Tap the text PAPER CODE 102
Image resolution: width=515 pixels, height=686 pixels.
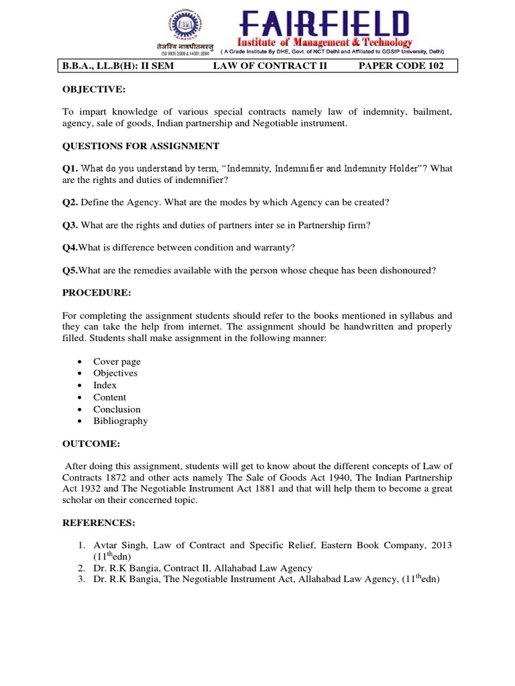(401, 66)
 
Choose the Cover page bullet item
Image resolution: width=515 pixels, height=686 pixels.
(117, 361)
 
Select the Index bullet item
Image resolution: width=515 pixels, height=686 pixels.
(105, 385)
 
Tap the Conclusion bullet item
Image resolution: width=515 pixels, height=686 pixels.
(117, 409)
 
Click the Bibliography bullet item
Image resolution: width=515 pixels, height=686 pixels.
(121, 421)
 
